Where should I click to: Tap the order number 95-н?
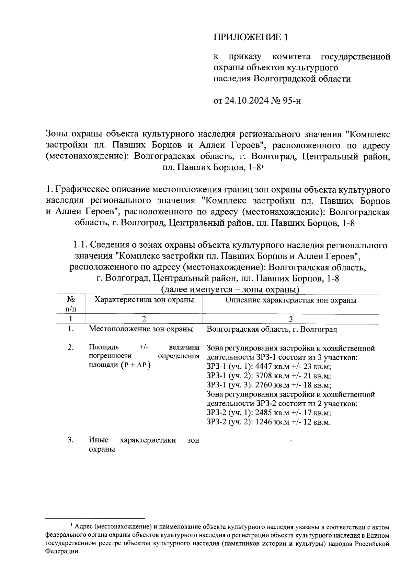point(291,101)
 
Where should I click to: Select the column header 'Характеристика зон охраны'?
point(144,300)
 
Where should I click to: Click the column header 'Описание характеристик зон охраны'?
point(290,300)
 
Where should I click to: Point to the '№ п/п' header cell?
point(70,304)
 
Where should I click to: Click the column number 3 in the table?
point(290,319)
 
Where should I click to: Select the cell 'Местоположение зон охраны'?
point(141,329)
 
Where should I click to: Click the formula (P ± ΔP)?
point(136,365)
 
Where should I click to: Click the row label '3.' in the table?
point(70,440)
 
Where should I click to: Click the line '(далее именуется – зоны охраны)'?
point(230,290)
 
